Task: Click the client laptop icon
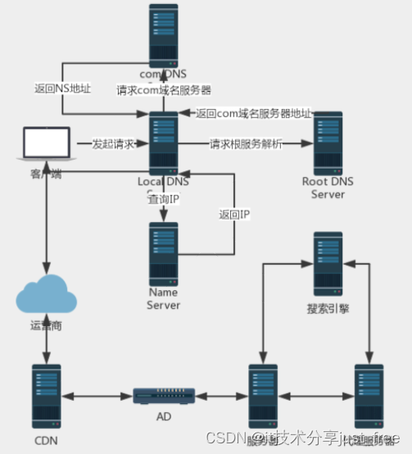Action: pyautogui.click(x=46, y=144)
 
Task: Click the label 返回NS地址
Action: pyautogui.click(x=64, y=87)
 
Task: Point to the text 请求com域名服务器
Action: pyautogui.click(x=165, y=90)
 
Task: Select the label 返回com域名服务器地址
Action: pyautogui.click(x=254, y=112)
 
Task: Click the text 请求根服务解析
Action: pyautogui.click(x=247, y=143)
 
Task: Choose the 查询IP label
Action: pyautogui.click(x=165, y=199)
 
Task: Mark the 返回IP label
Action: pyautogui.click(x=234, y=214)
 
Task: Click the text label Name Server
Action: pyautogui.click(x=163, y=298)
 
